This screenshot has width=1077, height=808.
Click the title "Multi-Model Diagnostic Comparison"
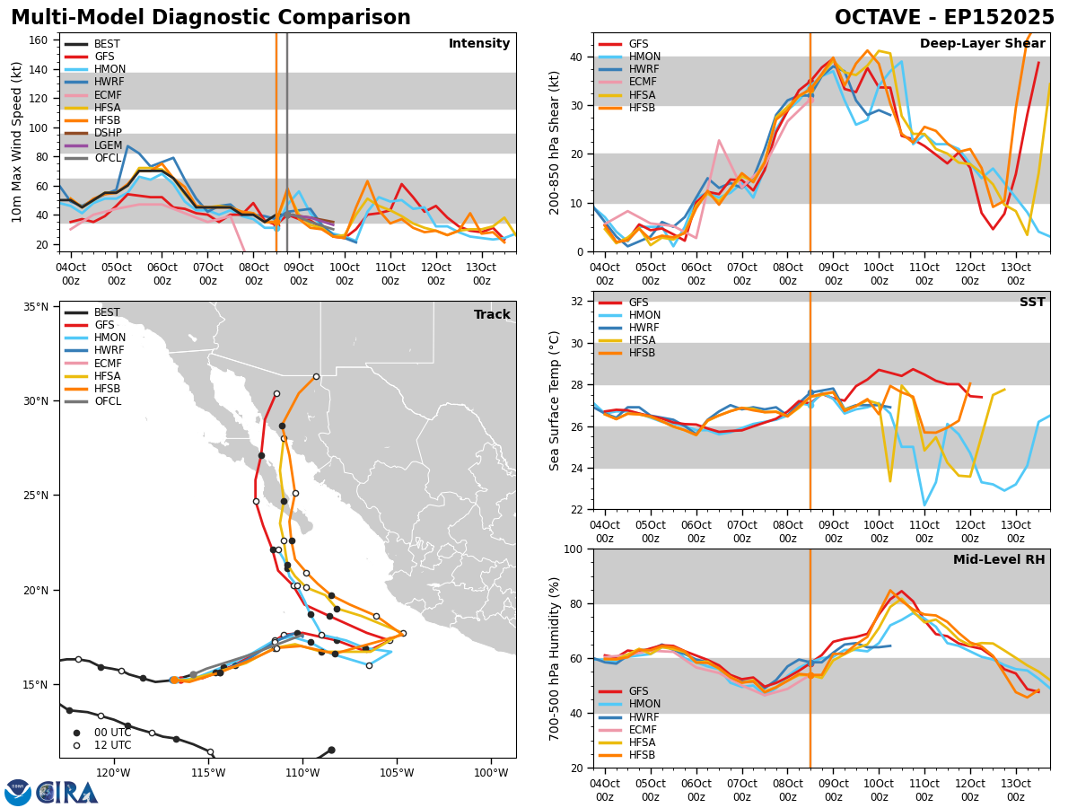[211, 18]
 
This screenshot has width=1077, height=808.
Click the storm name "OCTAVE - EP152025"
[944, 18]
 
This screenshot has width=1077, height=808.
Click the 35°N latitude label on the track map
[35, 306]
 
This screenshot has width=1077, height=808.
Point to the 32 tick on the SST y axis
[577, 301]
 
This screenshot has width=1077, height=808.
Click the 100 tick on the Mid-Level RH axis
[574, 549]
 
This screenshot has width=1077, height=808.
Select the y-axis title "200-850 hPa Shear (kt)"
[555, 142]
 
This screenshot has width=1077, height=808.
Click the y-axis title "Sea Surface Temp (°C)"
[555, 400]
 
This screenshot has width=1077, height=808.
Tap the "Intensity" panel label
[479, 44]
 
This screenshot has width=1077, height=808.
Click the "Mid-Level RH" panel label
[999, 560]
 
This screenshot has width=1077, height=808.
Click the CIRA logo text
[67, 793]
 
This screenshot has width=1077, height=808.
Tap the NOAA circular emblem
[18, 793]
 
